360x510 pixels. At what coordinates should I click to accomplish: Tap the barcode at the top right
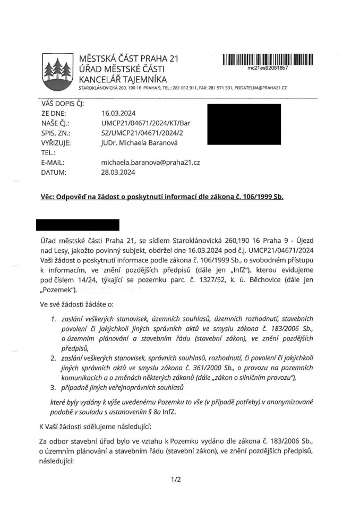point(268,58)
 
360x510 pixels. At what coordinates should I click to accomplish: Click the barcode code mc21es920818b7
point(268,68)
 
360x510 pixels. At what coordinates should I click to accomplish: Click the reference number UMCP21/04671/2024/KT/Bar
point(145,123)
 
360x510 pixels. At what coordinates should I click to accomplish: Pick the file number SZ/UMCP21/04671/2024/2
point(142,133)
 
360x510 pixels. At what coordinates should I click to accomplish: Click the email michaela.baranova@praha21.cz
point(150,162)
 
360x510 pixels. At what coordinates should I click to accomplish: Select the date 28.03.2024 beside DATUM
point(118,172)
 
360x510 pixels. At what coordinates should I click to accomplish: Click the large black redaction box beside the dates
point(244,124)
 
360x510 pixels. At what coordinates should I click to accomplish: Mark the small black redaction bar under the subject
point(78,225)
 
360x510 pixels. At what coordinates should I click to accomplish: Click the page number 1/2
point(176,480)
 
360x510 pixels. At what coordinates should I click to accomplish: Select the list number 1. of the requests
point(54,319)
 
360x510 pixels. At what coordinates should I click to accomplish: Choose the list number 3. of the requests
point(54,387)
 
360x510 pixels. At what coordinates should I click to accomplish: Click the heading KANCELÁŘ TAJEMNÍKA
point(123,79)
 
